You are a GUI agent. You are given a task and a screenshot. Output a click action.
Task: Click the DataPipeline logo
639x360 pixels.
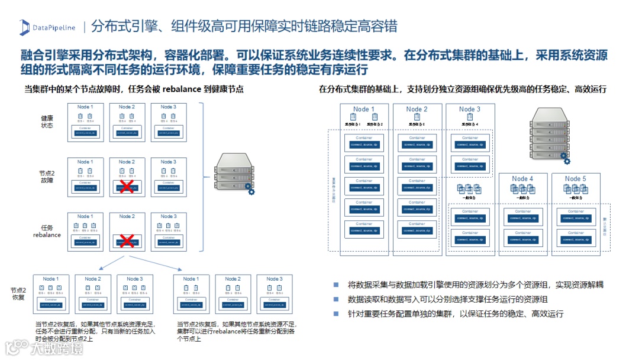click(47, 27)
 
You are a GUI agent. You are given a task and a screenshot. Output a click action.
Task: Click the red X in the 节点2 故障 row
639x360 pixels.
click(126, 187)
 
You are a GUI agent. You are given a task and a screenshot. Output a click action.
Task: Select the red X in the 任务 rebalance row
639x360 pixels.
click(126, 241)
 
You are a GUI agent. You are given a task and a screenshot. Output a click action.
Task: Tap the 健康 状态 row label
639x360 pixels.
click(47, 121)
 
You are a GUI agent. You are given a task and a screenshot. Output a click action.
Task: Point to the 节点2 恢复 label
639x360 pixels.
click(18, 294)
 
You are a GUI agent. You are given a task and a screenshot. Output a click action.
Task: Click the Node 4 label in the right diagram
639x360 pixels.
click(522, 179)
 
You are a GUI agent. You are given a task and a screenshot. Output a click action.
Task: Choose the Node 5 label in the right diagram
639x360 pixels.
click(575, 179)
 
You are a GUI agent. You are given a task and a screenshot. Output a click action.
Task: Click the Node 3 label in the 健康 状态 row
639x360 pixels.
click(168, 107)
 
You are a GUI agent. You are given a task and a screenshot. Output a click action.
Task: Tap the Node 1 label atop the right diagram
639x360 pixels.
click(364, 109)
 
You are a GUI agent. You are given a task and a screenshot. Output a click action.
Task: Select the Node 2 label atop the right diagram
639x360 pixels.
click(417, 109)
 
